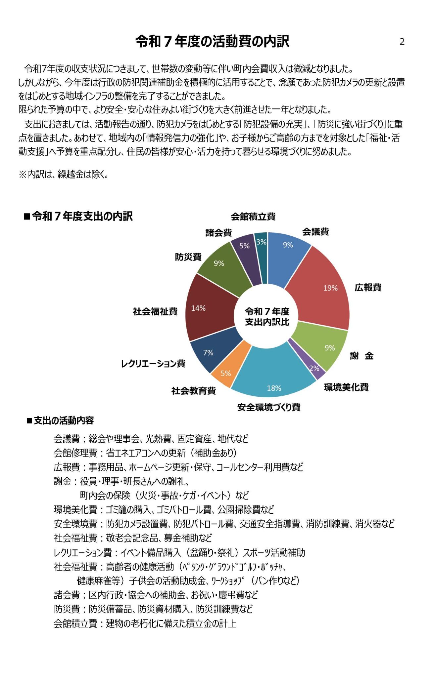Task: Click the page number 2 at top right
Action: (402, 42)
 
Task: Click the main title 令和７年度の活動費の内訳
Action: (212, 42)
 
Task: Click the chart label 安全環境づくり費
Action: (268, 407)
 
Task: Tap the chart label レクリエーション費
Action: (153, 364)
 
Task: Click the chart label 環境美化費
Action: (346, 387)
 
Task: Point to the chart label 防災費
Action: (188, 257)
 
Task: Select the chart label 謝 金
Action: (361, 356)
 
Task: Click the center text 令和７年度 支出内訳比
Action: (267, 317)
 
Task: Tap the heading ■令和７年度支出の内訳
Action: (78, 217)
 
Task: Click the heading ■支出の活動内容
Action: (60, 421)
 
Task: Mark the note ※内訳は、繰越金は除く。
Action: (64, 175)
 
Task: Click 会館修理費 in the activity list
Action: (75, 453)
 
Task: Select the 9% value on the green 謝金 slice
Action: (329, 348)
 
